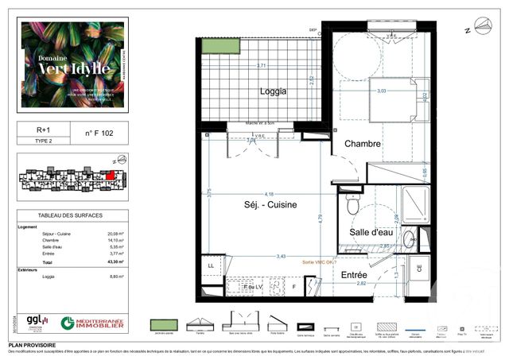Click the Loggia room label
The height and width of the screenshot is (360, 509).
273,91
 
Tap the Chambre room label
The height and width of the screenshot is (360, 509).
363,144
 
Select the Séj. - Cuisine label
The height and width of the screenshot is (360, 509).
270,204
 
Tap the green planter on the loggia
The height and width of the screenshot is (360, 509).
220,45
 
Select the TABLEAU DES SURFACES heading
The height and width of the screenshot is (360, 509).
71,215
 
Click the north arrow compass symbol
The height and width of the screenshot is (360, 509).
483,29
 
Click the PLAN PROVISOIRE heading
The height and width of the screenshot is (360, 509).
32,346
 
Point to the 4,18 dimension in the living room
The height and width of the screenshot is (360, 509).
270,194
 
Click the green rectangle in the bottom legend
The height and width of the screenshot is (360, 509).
164,325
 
